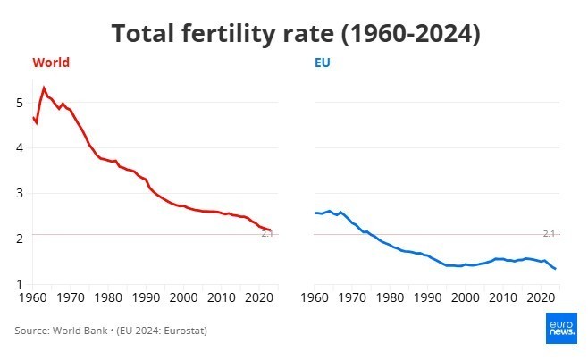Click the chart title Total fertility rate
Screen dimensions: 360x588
pos(296,34)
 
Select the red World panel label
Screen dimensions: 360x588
pos(51,63)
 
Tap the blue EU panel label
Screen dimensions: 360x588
pos(323,63)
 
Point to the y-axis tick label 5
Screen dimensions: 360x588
pos(21,103)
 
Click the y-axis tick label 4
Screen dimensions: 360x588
pos(21,148)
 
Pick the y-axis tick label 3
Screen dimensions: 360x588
pos(21,194)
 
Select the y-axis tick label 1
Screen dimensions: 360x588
pos(21,284)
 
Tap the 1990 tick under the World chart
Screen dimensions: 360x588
pos(146,297)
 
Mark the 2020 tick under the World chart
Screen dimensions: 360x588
pos(259,297)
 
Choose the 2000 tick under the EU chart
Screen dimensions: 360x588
pos(462,297)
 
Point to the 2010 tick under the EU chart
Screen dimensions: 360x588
pos(500,297)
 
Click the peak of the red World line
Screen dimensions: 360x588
pos(44,88)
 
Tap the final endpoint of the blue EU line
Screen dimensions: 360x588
pos(556,269)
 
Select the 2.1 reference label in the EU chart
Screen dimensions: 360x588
pos(550,233)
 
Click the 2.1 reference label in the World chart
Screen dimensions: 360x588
pos(267,234)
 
